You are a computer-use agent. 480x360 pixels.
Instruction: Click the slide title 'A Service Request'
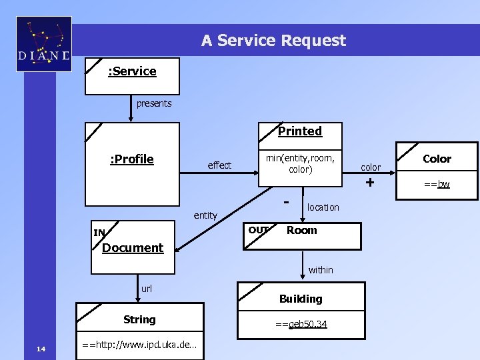[273, 41]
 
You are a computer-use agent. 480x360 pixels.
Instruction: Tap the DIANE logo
[44, 44]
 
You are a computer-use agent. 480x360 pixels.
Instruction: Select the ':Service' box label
[132, 71]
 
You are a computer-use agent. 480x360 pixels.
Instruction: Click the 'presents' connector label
[154, 103]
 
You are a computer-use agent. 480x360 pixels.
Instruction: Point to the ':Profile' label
[131, 159]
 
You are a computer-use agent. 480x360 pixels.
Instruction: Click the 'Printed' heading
[300, 131]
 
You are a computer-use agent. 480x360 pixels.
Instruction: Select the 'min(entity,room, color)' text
[300, 164]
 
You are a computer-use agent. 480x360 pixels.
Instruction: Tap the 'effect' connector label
[219, 165]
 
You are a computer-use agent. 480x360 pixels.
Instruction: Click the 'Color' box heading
[437, 159]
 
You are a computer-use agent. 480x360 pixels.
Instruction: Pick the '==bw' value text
[437, 183]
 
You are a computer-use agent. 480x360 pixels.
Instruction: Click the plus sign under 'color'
[371, 182]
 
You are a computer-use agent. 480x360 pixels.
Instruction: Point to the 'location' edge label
[323, 207]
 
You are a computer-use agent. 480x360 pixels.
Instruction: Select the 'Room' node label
[301, 230]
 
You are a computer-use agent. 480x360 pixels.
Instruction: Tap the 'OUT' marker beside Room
[258, 230]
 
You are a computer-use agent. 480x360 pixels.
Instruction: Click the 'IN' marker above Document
[99, 233]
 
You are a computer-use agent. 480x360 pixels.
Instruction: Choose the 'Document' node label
[133, 248]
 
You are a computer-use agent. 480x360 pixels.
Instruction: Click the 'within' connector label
[321, 270]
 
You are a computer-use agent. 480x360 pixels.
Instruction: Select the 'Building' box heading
[301, 299]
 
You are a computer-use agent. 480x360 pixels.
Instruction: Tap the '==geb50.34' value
[301, 324]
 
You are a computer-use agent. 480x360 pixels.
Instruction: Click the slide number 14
[41, 348]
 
